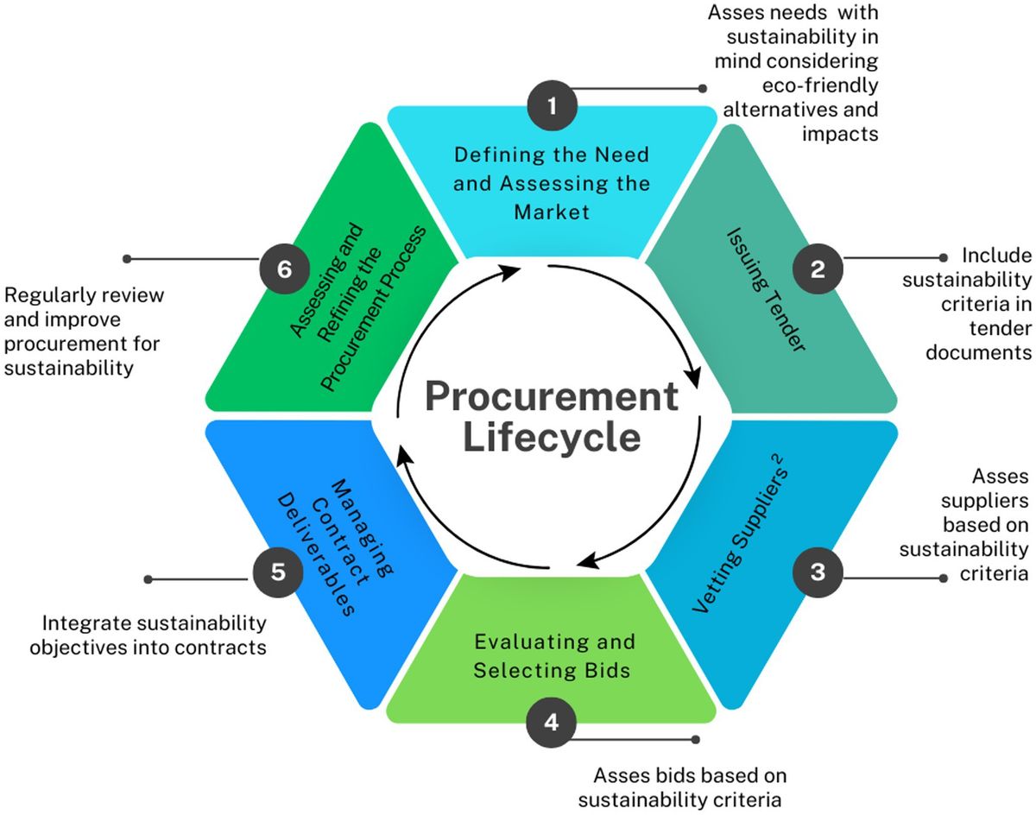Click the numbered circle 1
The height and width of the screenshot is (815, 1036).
click(553, 107)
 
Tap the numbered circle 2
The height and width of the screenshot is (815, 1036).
click(818, 269)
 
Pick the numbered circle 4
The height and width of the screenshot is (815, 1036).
click(553, 720)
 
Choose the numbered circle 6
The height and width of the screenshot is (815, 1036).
click(285, 269)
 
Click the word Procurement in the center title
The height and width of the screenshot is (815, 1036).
click(552, 397)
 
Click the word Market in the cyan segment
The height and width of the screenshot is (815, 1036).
click(552, 211)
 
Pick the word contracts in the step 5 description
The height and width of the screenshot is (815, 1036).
click(224, 646)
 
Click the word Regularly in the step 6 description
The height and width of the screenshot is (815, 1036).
click(47, 295)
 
